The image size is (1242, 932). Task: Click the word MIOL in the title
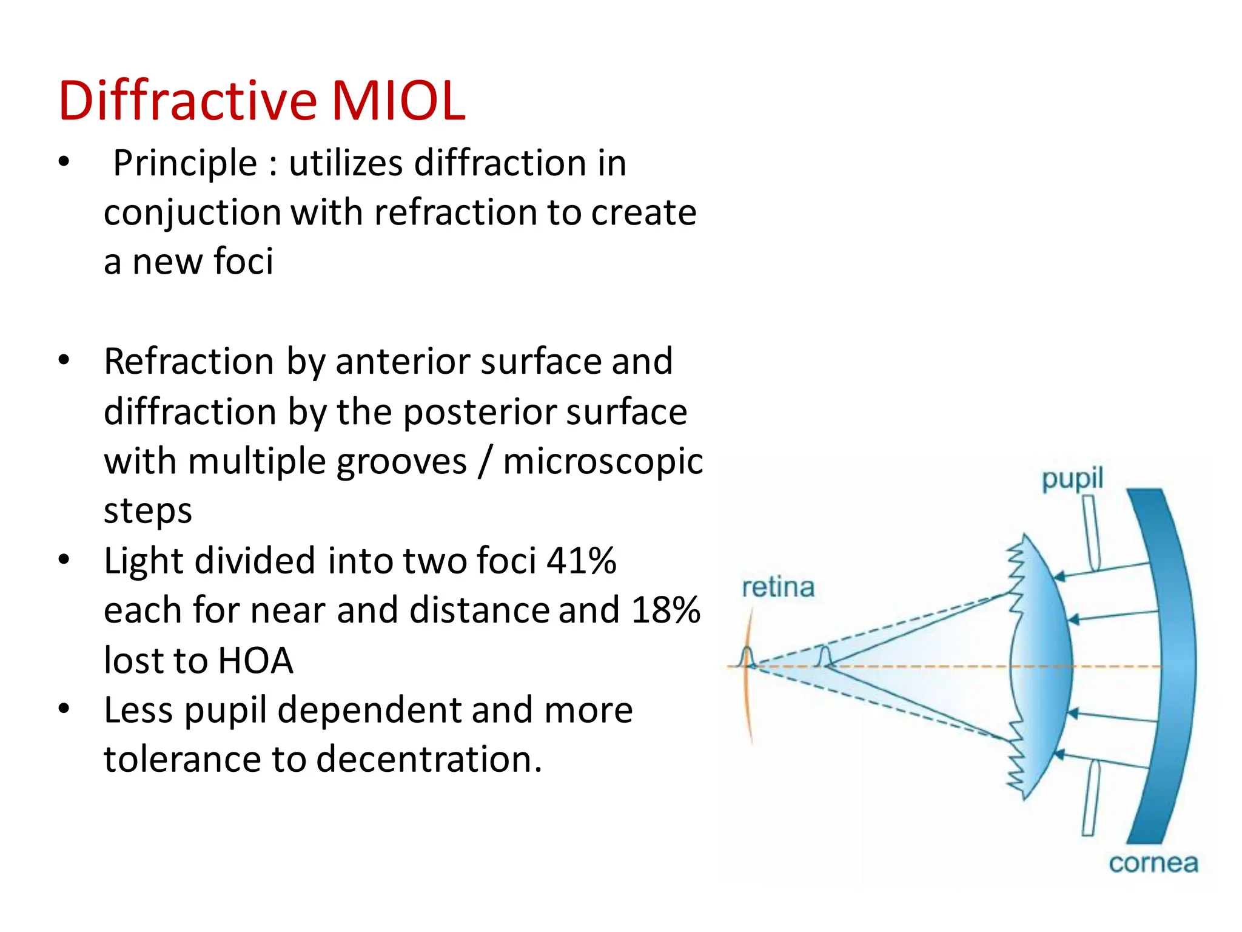(x=398, y=101)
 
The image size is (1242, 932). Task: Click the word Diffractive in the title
(x=187, y=101)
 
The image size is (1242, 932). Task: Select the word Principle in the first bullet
(x=185, y=164)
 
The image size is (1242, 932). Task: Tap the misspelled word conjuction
(x=192, y=214)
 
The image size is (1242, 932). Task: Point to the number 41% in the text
(x=581, y=561)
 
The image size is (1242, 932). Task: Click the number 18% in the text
(x=665, y=610)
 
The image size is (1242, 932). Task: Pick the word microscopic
(x=603, y=461)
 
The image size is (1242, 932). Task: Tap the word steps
(x=147, y=511)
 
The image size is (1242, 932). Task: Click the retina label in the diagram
(x=778, y=587)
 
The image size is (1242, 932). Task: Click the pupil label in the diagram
(x=1072, y=479)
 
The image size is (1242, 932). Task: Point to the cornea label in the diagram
(x=1153, y=863)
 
